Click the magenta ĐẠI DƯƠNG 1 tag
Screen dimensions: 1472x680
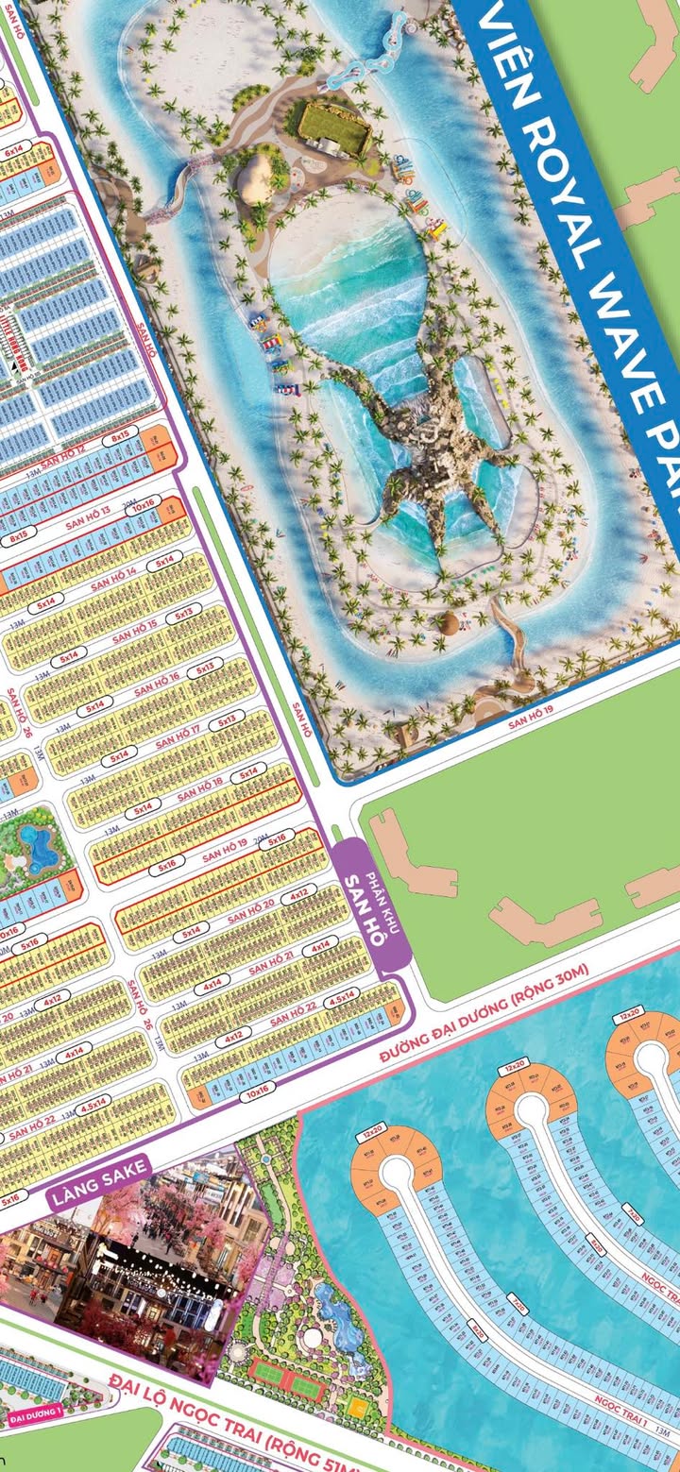pos(34,1417)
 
